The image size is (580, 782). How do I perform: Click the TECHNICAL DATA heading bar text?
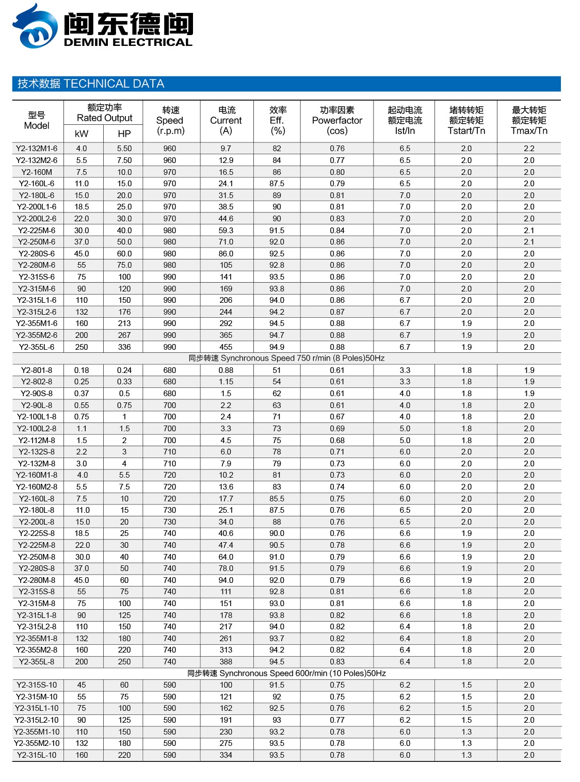click(x=91, y=84)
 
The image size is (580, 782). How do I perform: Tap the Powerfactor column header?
click(x=337, y=120)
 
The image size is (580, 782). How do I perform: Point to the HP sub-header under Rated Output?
click(x=124, y=134)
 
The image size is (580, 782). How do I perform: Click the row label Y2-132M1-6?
click(x=37, y=149)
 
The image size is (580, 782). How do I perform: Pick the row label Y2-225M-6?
click(x=37, y=231)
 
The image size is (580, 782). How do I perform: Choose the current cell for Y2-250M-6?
click(x=225, y=242)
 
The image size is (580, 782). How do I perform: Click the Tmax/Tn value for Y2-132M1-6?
click(x=529, y=149)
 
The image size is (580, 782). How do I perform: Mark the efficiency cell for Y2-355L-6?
click(x=277, y=347)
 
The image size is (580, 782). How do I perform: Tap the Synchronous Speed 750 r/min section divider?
click(x=286, y=359)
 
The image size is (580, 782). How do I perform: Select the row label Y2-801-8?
click(x=37, y=370)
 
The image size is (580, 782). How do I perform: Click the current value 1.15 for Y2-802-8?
click(x=225, y=382)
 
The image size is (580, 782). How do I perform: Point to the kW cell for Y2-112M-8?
click(x=82, y=441)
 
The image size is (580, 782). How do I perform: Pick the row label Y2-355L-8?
click(x=37, y=662)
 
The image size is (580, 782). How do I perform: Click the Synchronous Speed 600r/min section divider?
click(x=286, y=673)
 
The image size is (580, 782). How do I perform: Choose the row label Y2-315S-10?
click(x=37, y=685)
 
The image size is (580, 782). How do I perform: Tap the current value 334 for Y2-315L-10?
click(x=225, y=755)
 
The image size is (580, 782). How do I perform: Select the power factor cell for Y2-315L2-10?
click(x=337, y=720)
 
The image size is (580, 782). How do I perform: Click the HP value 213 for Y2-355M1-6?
click(x=124, y=323)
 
